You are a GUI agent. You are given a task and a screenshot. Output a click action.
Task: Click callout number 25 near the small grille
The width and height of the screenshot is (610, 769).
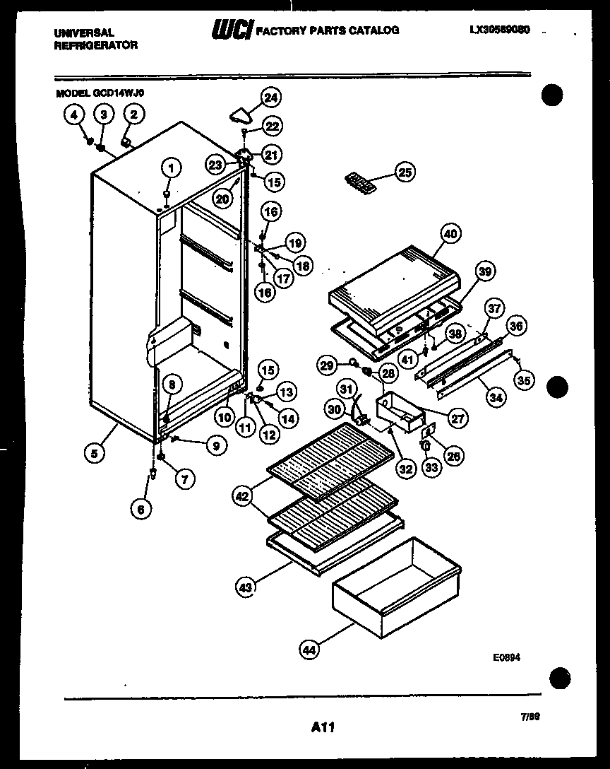[x=405, y=172]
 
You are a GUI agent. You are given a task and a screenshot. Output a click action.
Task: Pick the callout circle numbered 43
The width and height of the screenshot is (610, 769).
[x=245, y=586]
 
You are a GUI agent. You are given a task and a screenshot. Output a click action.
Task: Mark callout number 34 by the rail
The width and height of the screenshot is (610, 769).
[x=497, y=398]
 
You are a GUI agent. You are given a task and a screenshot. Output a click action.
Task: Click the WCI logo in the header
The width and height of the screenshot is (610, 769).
[x=232, y=30]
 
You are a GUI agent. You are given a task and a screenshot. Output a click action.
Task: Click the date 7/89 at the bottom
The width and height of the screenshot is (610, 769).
[x=530, y=716]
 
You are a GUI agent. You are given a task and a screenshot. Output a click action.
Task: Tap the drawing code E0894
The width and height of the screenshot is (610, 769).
[x=506, y=657]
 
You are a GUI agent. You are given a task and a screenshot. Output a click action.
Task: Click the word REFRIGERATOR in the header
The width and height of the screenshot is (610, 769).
[x=95, y=45]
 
